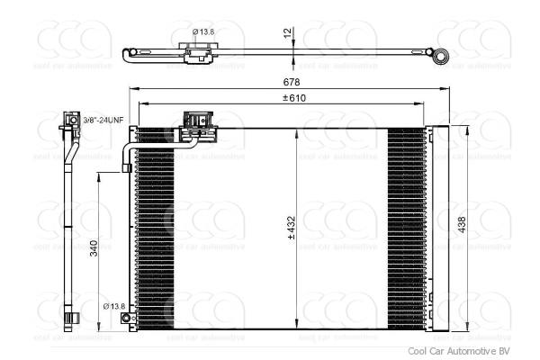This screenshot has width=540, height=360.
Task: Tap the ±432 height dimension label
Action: click(x=292, y=231)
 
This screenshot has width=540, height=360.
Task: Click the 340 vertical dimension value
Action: click(x=94, y=248)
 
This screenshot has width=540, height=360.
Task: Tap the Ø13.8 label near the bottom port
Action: click(x=114, y=307)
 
